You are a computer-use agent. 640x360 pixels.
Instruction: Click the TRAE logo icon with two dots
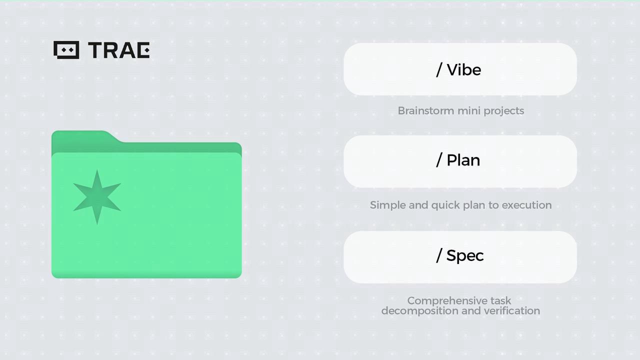(66, 50)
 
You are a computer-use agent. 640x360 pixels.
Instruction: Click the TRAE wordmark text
(119, 50)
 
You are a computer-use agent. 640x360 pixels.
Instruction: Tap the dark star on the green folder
(97, 197)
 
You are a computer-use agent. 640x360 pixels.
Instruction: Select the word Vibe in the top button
(464, 70)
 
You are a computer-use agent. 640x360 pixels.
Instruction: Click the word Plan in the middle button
(463, 160)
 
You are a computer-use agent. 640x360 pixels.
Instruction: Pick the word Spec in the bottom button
(465, 255)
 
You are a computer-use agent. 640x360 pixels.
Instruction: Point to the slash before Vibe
(439, 70)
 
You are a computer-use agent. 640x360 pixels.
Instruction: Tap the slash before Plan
(439, 160)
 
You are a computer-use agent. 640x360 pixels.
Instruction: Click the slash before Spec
(439, 255)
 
